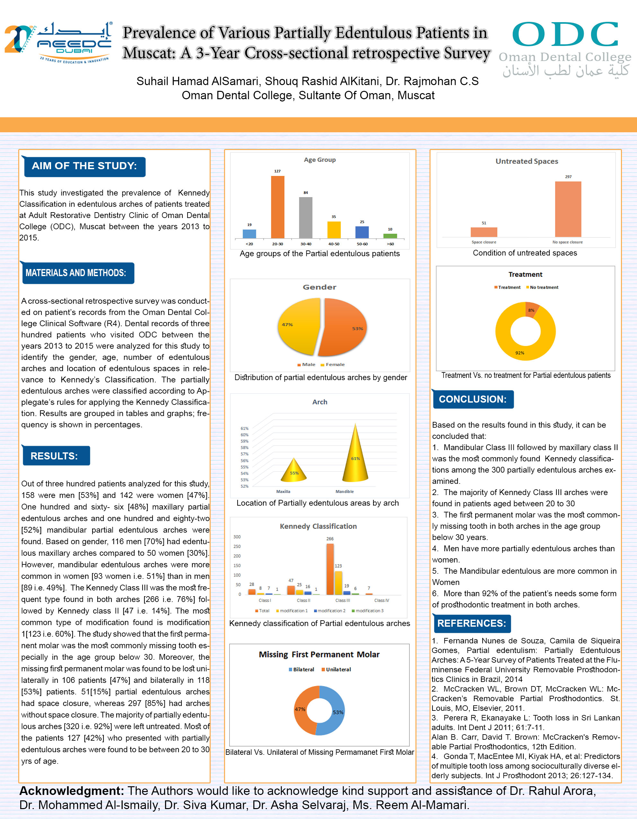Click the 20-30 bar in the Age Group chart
pos(277,207)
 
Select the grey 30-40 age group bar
pos(306,217)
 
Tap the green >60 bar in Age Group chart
pos(390,236)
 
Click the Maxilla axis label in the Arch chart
pos(283,491)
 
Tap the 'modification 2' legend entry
pos(330,611)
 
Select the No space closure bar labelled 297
pos(568,209)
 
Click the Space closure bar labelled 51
pos(484,232)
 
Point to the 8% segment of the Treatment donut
pos(532,310)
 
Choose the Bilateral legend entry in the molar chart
pos(301,669)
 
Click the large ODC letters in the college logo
pos(565,34)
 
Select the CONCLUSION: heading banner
pos(473,399)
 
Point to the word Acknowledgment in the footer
pos(71,791)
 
